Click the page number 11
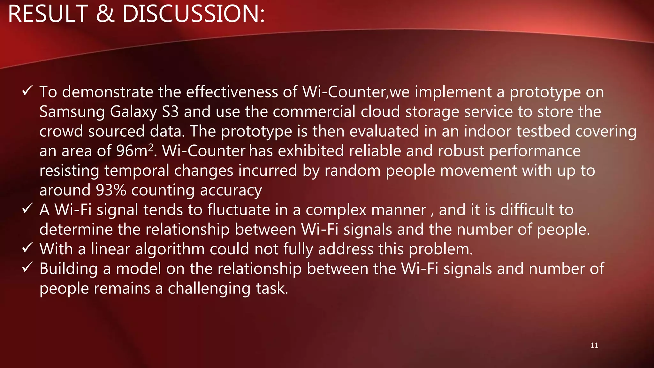pyautogui.click(x=594, y=345)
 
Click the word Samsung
pyautogui.click(x=72, y=112)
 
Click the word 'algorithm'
pyautogui.click(x=170, y=249)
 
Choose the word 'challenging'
pyautogui.click(x=209, y=288)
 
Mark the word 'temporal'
pyautogui.click(x=136, y=171)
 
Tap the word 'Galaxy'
pyautogui.click(x=133, y=112)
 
